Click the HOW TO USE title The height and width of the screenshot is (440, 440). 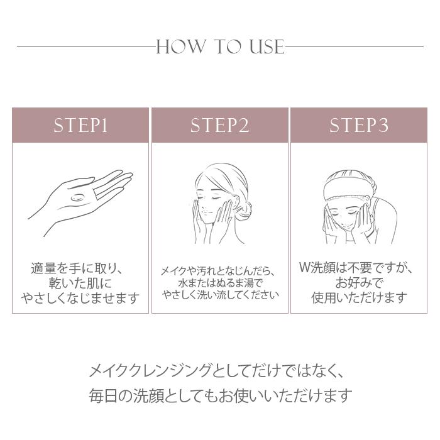coord(220,47)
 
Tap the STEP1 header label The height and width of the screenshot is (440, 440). coord(80,126)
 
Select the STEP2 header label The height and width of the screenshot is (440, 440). coord(220,126)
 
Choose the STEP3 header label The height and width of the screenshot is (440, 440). coord(359,126)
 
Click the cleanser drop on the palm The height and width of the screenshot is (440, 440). coord(78,198)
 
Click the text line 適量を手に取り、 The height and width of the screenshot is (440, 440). coord(80,268)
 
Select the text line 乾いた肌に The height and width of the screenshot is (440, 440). coord(80,283)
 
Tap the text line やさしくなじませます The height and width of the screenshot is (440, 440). coord(80,298)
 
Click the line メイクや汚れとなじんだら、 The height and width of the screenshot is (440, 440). coord(219,272)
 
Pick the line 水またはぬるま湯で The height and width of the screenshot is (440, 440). coord(219,283)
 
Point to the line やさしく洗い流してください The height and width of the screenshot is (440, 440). coord(219,295)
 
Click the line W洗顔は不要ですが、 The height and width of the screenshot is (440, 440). coord(359,268)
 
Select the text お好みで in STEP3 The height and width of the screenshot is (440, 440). coord(359,283)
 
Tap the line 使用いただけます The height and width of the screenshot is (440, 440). coord(359,298)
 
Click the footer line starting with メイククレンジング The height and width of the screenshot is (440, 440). coord(219,369)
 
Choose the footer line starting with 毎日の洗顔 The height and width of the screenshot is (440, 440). coord(219,396)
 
